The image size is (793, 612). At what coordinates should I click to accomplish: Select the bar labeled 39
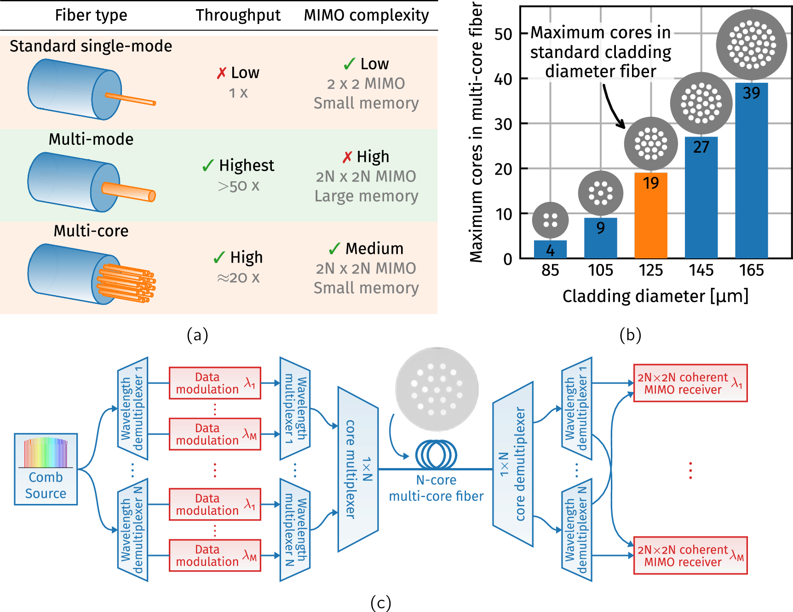[x=751, y=170]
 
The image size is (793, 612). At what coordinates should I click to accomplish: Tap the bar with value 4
[x=550, y=249]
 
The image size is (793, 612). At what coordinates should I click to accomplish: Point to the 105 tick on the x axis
[x=600, y=270]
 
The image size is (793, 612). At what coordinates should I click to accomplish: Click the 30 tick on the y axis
[x=503, y=124]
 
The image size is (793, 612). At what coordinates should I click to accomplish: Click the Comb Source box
[x=46, y=469]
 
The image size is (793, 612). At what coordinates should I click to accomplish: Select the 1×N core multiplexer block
[x=358, y=469]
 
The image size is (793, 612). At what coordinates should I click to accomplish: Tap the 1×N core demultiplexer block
[x=513, y=464]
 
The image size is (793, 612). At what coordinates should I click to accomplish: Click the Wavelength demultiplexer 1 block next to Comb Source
[x=132, y=408]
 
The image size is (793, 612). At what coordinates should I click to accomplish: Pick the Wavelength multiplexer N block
[x=295, y=530]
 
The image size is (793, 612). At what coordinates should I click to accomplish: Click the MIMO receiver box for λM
[x=690, y=555]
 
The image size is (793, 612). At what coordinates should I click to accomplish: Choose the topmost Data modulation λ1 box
[x=215, y=383]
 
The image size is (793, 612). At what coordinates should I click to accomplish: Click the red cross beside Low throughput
[x=222, y=73]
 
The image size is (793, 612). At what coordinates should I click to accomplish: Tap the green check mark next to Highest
[x=208, y=166]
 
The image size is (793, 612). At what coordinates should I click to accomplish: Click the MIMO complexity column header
[x=366, y=15]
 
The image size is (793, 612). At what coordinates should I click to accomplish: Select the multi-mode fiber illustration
[x=92, y=182]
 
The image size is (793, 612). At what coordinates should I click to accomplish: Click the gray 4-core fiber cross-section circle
[x=550, y=220]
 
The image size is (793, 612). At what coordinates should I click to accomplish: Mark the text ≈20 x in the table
[x=238, y=277]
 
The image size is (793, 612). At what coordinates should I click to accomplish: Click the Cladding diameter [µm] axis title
[x=655, y=296]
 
